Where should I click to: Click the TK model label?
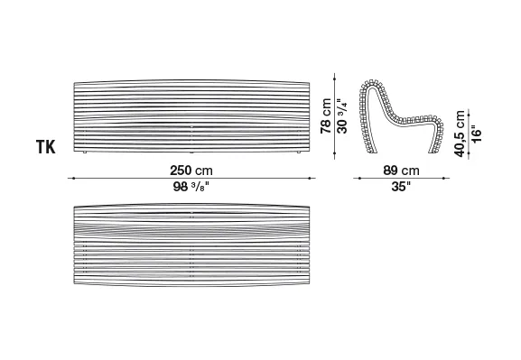click(46, 147)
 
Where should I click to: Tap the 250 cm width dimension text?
click(191, 171)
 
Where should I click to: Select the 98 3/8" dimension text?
click(191, 187)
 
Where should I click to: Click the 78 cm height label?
click(326, 115)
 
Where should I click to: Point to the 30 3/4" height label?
click(342, 115)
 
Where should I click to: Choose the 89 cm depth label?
click(401, 171)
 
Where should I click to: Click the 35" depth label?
click(401, 186)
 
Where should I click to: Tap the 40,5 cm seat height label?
click(460, 134)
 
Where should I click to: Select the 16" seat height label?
click(476, 134)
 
